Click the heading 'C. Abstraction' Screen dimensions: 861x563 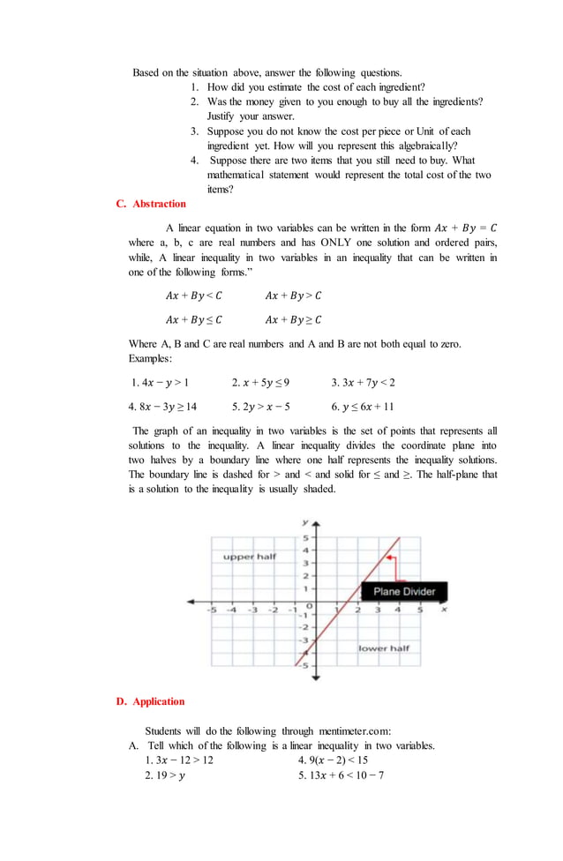click(151, 204)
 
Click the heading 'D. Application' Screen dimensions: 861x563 click(150, 701)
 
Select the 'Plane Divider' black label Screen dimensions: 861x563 click(404, 591)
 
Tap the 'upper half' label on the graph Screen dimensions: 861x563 click(249, 557)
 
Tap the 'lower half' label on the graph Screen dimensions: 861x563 click(384, 648)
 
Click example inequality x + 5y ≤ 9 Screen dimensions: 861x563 click(260, 383)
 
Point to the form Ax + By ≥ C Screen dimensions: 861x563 click(293, 319)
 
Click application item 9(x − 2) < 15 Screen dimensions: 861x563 click(333, 760)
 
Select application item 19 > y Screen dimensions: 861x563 click(165, 775)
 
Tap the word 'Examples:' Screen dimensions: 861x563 click(151, 359)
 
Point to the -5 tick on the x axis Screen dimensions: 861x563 click(211, 610)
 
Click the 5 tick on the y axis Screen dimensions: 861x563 click(306, 537)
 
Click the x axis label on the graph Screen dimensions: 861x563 click(444, 609)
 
